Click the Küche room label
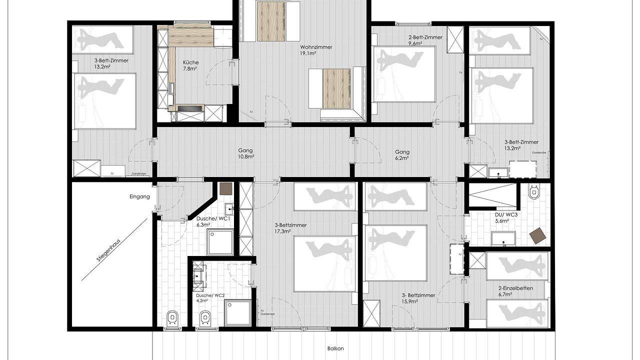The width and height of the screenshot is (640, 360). [190, 65]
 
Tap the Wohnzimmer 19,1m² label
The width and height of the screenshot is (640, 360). [316, 50]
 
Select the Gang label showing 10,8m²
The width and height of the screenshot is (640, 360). [245, 153]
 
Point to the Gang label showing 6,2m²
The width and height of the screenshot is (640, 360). [402, 155]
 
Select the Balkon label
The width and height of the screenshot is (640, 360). [335, 349]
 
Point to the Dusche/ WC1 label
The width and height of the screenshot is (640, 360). [212, 221]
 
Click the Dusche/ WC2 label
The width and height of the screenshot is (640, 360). [210, 298]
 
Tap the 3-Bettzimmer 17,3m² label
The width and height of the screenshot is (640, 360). [290, 227]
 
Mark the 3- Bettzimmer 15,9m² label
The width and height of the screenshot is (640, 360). [418, 298]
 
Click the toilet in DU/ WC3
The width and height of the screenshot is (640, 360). [534, 191]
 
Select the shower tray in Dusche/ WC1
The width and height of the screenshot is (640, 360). [220, 242]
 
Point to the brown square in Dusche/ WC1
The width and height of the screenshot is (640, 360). [225, 188]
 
